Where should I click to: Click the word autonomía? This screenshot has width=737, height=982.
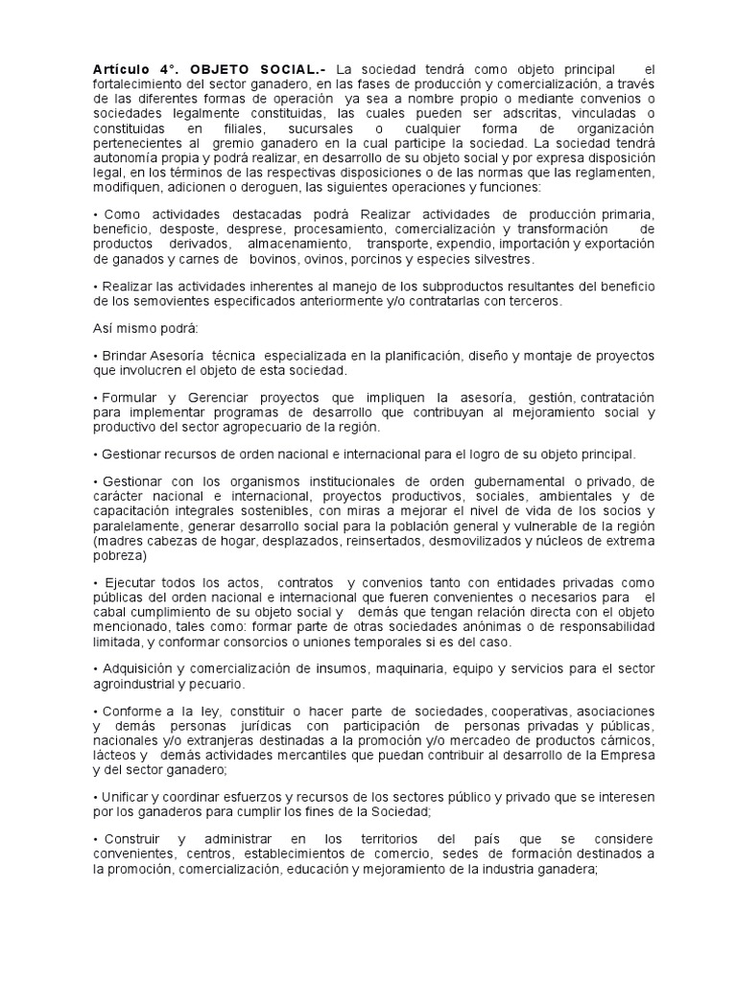pos(130,158)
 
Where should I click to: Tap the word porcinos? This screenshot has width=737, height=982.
pos(392,259)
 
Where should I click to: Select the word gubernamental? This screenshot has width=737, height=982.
pos(510,481)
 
